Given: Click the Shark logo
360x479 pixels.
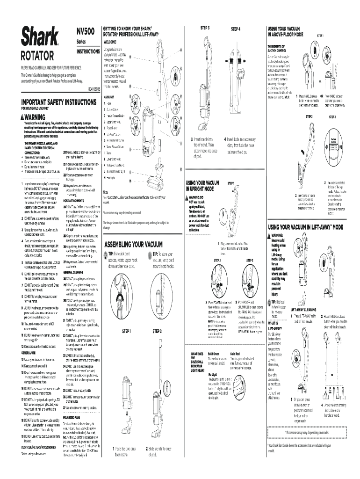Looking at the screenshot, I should [39, 36].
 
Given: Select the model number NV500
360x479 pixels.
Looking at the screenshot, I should [86, 31].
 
